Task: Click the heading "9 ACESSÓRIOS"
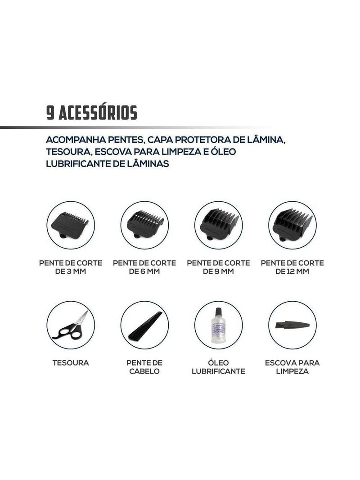click(92, 113)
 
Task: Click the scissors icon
click(70, 325)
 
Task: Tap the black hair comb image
click(144, 325)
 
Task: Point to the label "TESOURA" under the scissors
click(71, 363)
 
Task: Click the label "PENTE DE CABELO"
click(144, 367)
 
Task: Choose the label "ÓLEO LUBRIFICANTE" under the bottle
click(218, 367)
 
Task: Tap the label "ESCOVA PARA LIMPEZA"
click(292, 367)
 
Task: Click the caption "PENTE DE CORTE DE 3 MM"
click(71, 267)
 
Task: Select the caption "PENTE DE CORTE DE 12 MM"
click(292, 267)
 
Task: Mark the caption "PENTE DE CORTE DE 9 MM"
click(218, 267)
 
